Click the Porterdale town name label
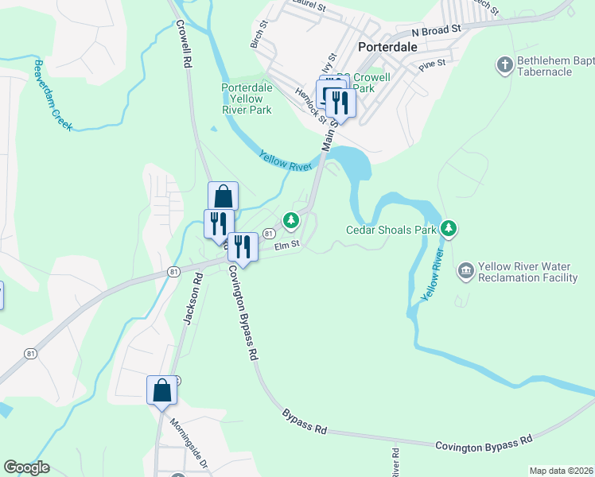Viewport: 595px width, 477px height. point(388,46)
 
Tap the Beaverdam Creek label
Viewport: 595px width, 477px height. point(52,95)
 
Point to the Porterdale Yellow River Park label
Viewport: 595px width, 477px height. point(247,99)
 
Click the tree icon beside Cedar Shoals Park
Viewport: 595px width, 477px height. point(449,230)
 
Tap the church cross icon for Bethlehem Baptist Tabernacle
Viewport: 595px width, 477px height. point(504,64)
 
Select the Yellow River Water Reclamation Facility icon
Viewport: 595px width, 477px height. point(465,272)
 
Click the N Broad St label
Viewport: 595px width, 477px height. point(436,30)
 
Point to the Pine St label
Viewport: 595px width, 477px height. point(439,61)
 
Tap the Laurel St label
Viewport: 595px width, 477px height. point(309,6)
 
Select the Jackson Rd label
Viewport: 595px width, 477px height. point(190,299)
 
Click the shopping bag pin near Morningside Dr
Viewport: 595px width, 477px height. point(161,390)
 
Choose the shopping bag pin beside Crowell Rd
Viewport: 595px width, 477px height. point(224,196)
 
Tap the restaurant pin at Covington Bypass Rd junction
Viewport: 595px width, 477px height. point(243,247)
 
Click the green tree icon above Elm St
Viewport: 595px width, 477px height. point(291,219)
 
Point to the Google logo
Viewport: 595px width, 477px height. point(26,467)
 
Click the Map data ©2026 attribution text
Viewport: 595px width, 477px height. point(561,471)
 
